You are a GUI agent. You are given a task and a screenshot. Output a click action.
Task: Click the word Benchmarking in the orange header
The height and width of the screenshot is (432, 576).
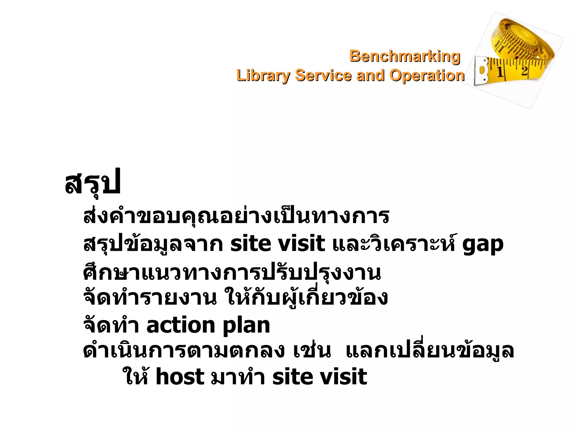pyautogui.click(x=405, y=56)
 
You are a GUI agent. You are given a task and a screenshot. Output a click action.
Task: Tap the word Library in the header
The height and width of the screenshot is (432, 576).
pyautogui.click(x=263, y=76)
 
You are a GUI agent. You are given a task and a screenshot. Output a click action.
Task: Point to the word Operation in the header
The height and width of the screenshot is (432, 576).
pyautogui.click(x=427, y=76)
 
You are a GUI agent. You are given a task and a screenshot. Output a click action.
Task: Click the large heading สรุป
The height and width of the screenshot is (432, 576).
pyautogui.click(x=93, y=183)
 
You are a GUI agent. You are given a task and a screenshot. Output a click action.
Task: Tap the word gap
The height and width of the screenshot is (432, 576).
pyautogui.click(x=483, y=244)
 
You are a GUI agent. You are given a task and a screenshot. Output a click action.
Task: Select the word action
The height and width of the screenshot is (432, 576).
pyautogui.click(x=181, y=325)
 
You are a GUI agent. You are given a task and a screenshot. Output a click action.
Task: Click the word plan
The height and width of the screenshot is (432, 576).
pyautogui.click(x=246, y=326)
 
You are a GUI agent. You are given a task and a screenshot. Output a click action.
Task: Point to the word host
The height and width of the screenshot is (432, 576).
pyautogui.click(x=180, y=377)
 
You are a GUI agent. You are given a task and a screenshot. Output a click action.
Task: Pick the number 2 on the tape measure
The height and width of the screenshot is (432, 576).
pyautogui.click(x=524, y=70)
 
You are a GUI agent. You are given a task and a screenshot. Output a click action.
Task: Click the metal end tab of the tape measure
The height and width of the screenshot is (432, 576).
pyautogui.click(x=481, y=71)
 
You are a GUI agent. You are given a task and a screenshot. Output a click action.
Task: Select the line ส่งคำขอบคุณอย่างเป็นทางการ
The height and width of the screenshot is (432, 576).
pyautogui.click(x=236, y=217)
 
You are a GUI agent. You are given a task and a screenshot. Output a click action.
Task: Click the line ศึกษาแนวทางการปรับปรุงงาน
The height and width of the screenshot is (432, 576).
pyautogui.click(x=232, y=273)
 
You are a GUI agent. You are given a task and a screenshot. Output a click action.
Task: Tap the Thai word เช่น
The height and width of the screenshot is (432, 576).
pyautogui.click(x=312, y=351)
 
